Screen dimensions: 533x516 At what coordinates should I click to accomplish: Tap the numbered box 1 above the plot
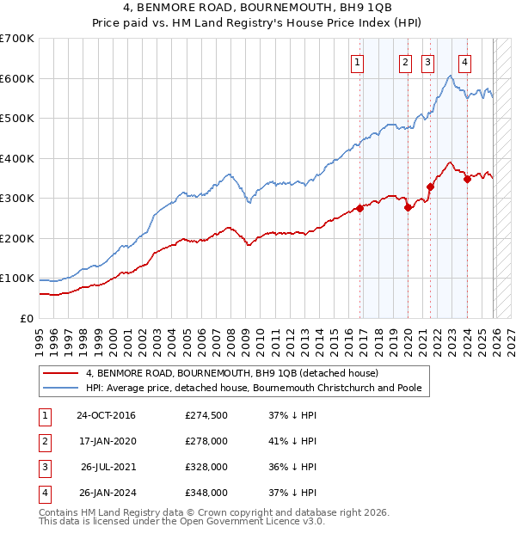tap(357, 61)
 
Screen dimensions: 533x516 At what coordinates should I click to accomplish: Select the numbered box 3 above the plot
tap(427, 61)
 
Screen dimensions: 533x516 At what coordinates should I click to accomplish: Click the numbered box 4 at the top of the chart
tap(464, 61)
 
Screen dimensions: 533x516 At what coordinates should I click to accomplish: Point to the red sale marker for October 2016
tap(359, 208)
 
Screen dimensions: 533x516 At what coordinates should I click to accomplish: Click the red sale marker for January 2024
tap(467, 179)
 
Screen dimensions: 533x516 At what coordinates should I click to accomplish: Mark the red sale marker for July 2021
tap(430, 187)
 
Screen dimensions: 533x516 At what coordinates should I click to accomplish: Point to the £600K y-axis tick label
tap(17, 78)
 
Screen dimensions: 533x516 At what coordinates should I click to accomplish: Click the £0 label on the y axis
tap(26, 318)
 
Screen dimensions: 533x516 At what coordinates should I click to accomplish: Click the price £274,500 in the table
tap(206, 415)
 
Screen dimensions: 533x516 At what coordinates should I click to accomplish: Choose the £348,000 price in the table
tap(206, 493)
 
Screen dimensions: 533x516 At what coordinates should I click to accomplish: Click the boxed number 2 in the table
tap(43, 441)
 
